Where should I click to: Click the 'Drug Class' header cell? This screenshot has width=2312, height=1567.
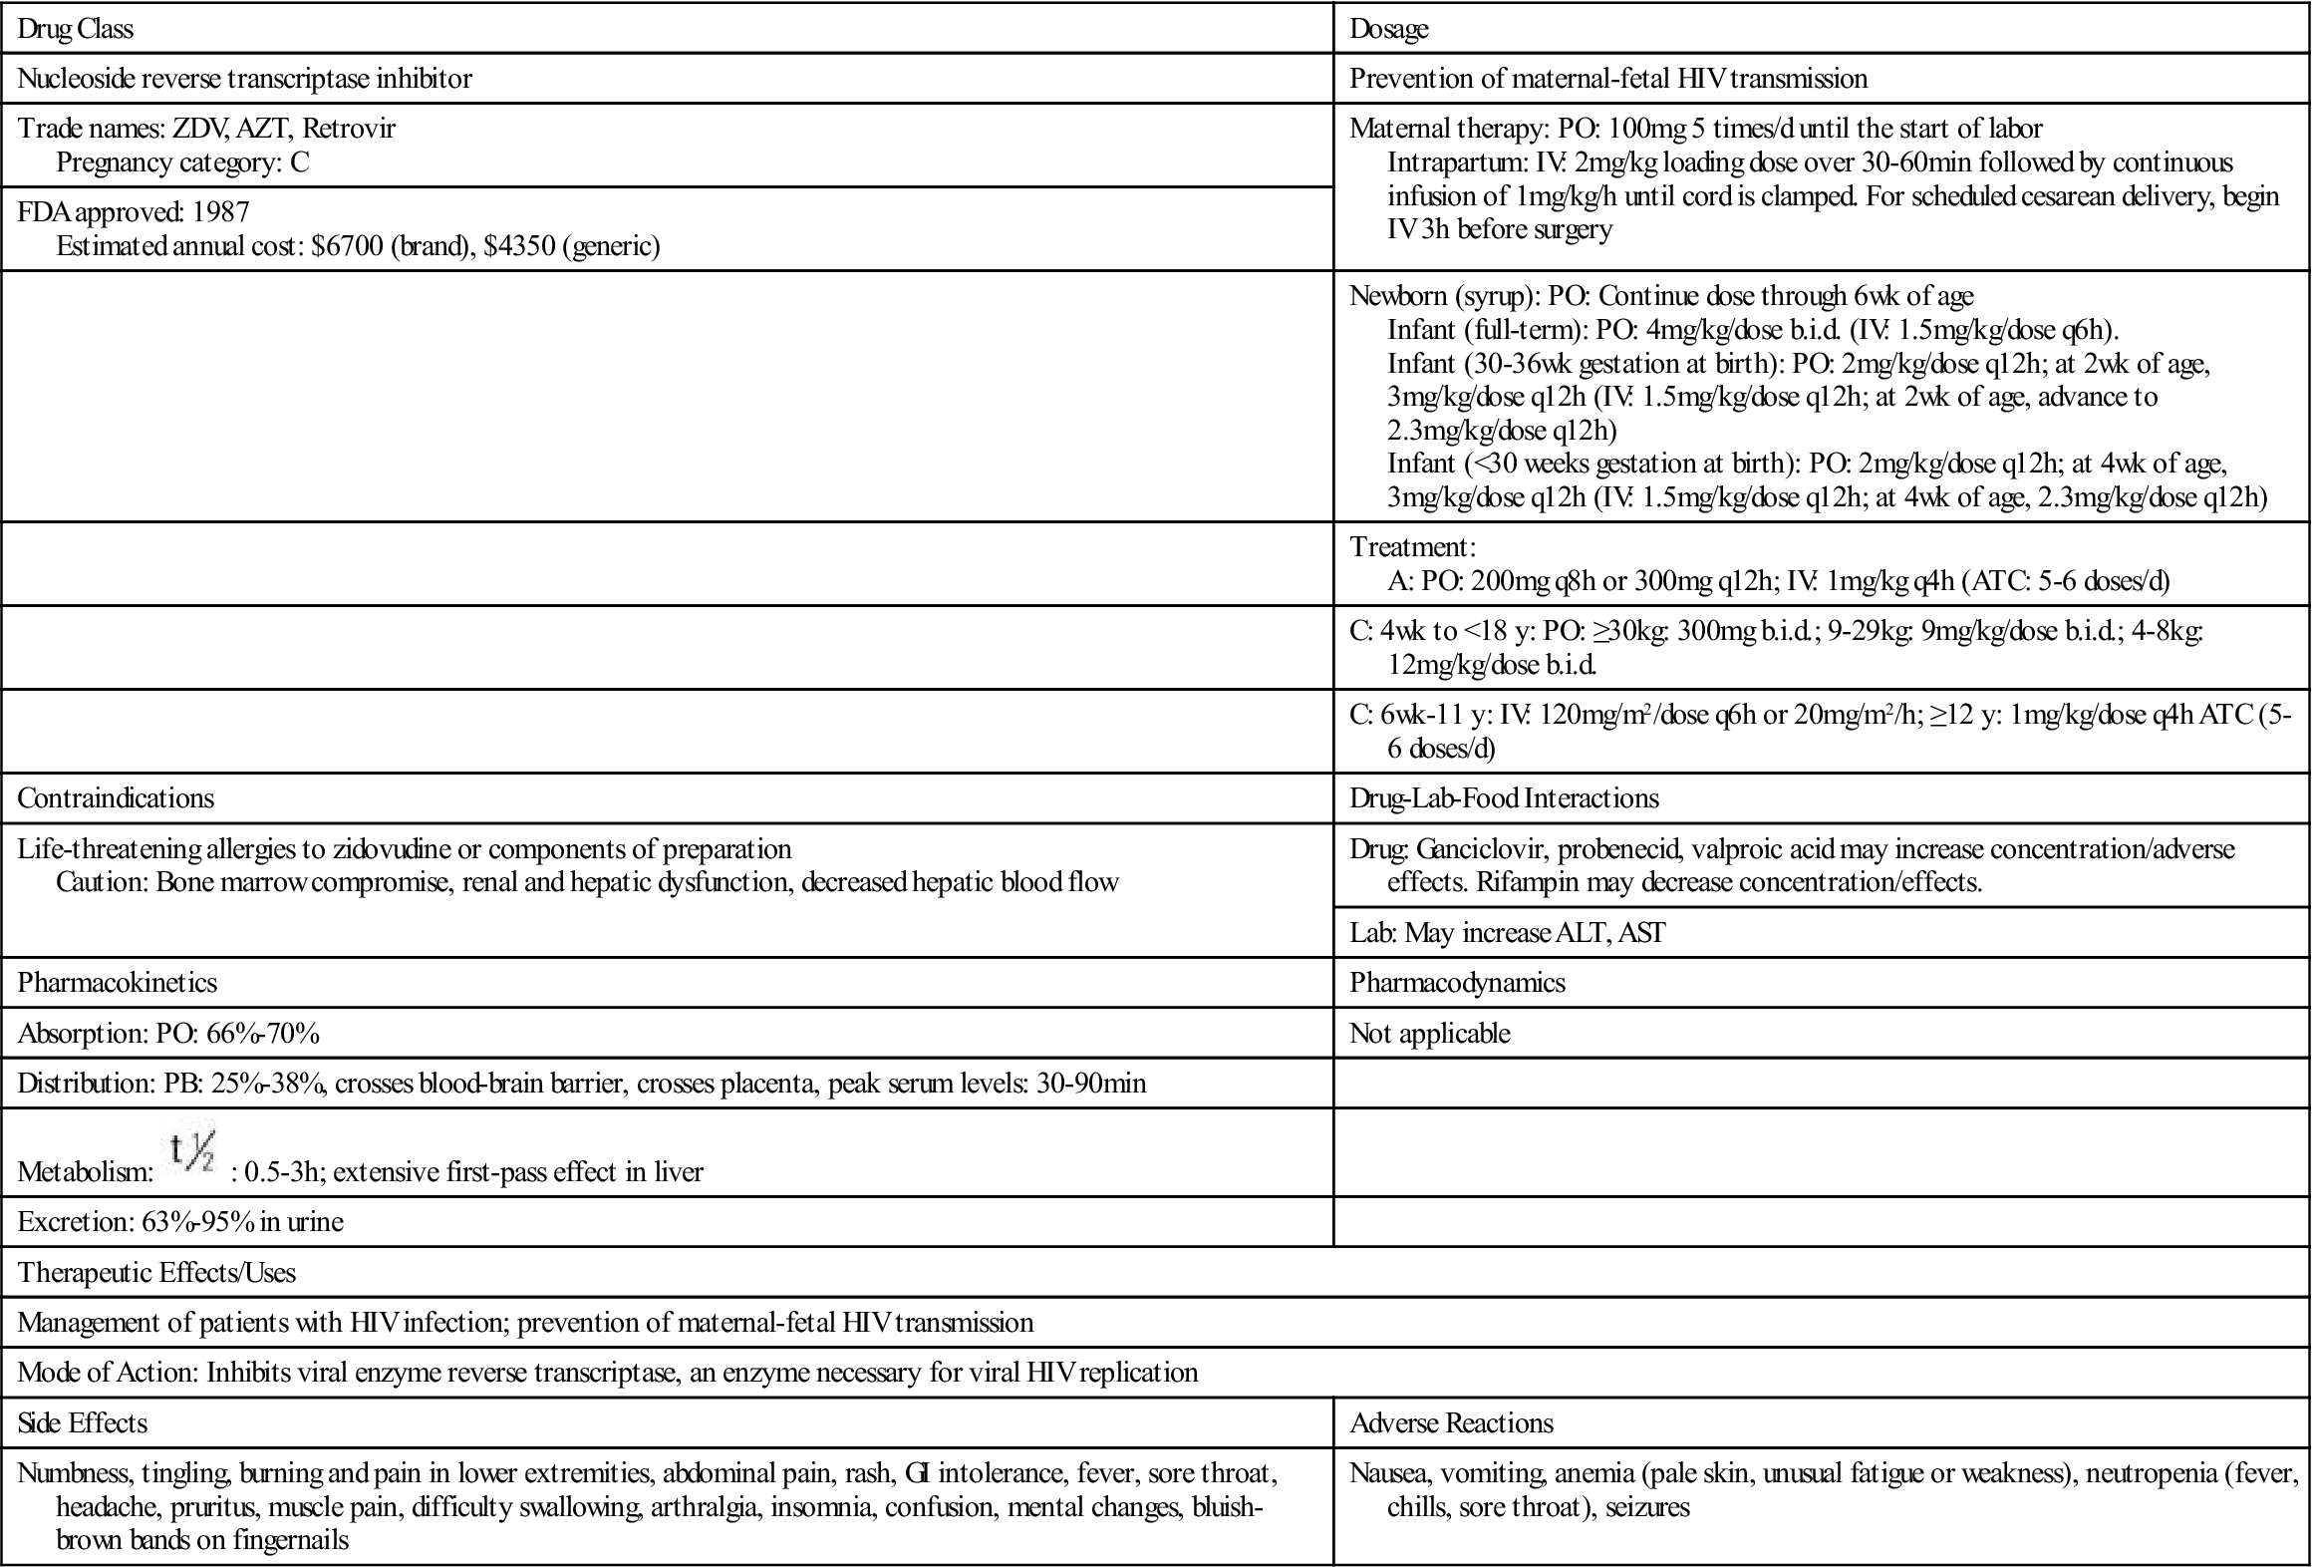(76, 29)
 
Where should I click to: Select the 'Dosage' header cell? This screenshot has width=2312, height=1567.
(1388, 29)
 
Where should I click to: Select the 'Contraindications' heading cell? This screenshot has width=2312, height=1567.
(116, 798)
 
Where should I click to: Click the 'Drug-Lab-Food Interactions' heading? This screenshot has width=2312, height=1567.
(1504, 798)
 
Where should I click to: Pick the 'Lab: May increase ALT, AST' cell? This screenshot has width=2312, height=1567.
(1507, 933)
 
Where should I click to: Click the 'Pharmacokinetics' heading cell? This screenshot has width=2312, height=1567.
(118, 983)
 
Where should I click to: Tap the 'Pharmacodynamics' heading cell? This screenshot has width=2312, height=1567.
(1457, 983)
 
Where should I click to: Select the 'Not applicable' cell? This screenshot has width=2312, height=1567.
(1429, 1034)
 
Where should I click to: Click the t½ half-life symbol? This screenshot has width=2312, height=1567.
(192, 1154)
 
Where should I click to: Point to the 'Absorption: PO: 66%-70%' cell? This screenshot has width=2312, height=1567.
(168, 1034)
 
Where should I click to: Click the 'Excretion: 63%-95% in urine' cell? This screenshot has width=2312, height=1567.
(180, 1222)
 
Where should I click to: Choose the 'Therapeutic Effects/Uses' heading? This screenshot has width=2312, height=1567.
(156, 1273)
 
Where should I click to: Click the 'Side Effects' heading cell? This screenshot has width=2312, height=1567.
(83, 1423)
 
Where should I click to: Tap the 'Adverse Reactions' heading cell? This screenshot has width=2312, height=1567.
(1451, 1423)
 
